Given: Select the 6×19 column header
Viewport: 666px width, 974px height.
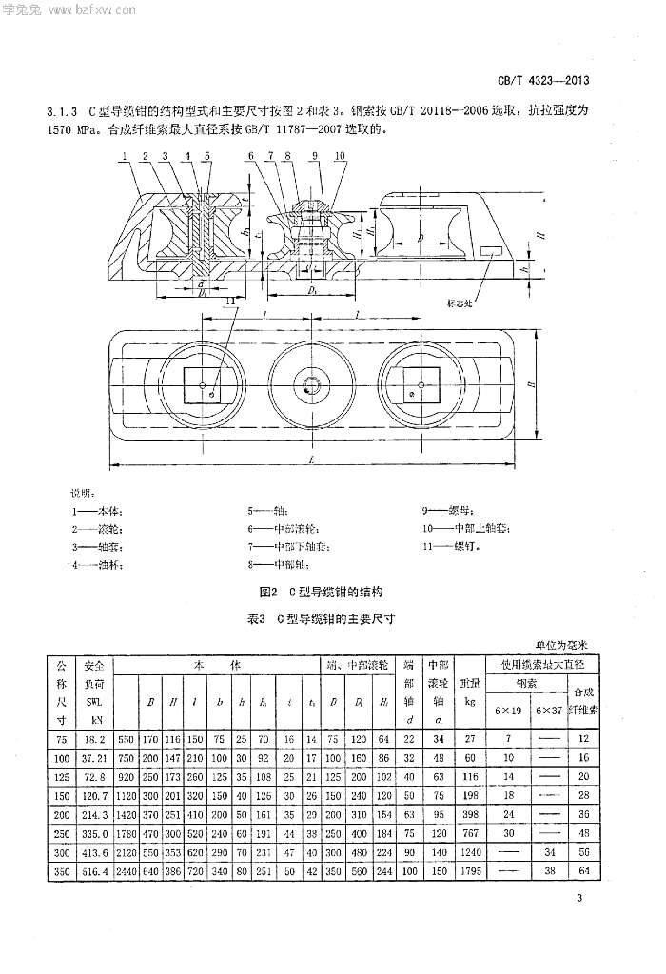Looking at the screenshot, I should [507, 711].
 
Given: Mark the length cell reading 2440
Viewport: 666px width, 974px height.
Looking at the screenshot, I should [127, 872].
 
